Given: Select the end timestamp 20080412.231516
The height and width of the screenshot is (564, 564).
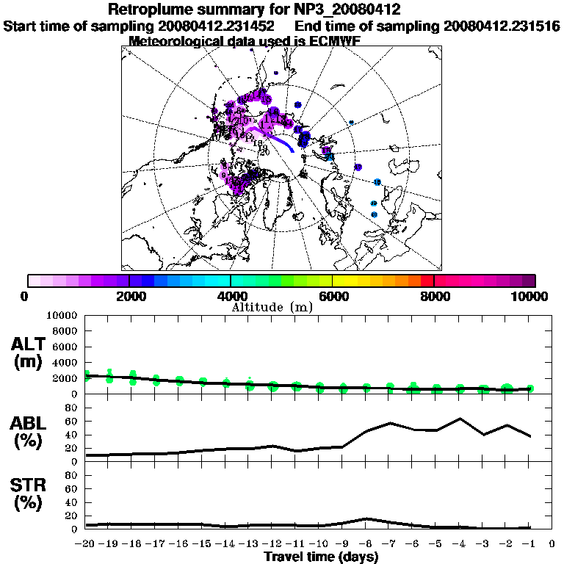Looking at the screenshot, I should point(502,26).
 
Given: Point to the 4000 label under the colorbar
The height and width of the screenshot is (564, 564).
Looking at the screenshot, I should point(230,296).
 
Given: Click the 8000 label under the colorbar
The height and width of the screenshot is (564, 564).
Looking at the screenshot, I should point(435,296).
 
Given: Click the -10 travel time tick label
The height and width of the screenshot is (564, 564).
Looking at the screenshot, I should point(319,544).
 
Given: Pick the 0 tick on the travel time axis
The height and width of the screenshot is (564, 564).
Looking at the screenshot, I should point(552,544).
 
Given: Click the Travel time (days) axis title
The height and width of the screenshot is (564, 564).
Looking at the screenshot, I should point(321,557).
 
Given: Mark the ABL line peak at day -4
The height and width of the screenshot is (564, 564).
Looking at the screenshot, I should point(460,419).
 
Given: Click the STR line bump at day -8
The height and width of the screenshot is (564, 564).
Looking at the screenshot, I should point(366,518).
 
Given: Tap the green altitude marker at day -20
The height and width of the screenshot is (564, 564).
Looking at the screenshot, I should point(86,376).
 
